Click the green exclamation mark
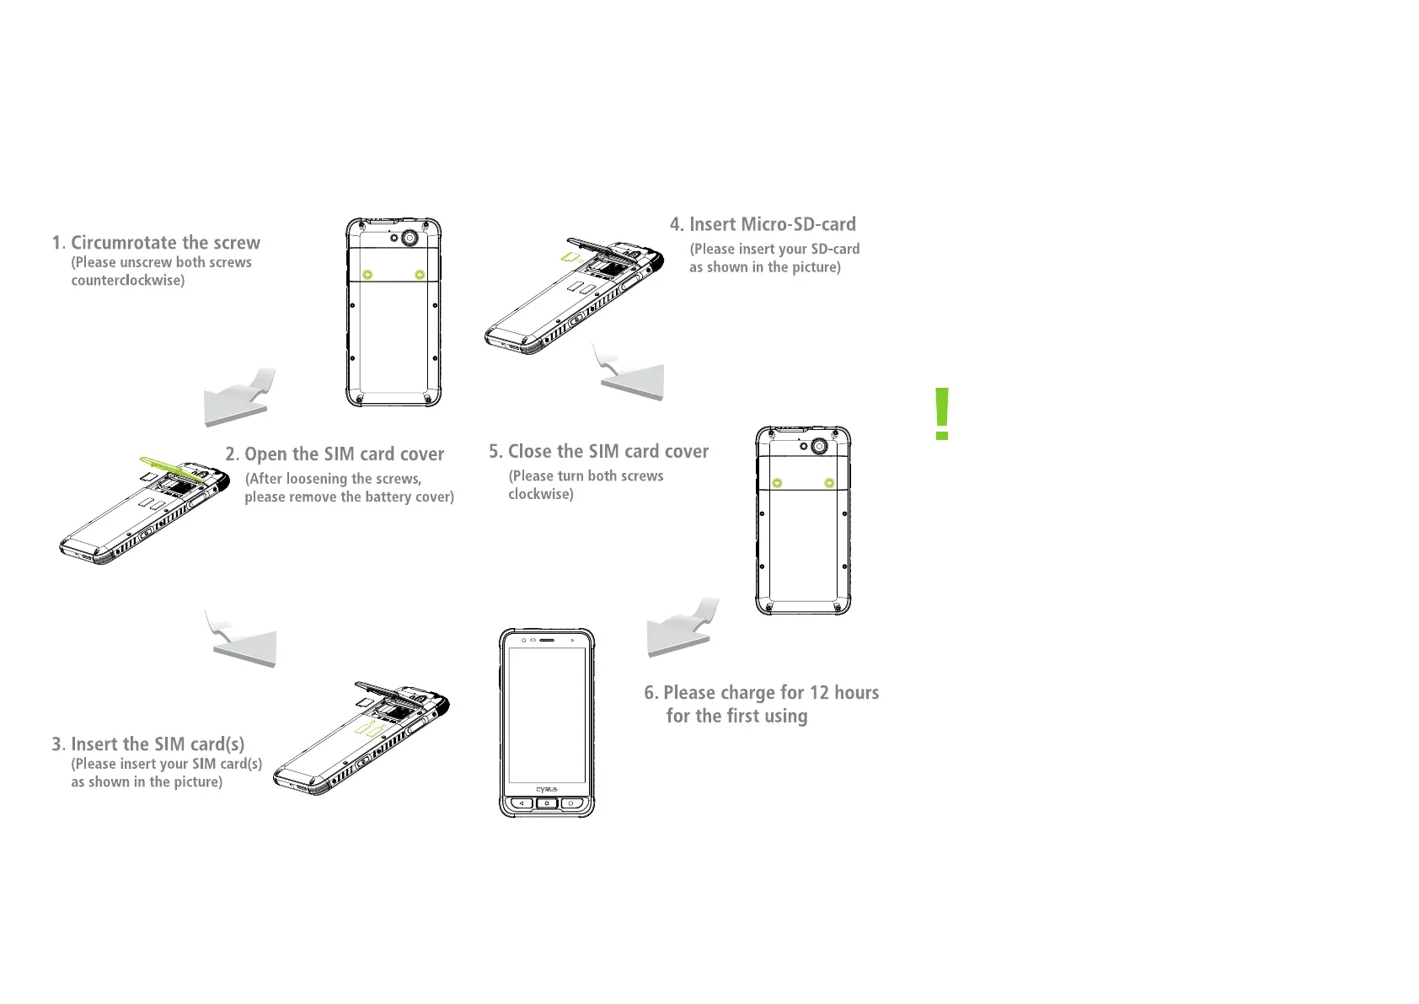coord(942,414)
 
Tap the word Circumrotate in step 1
coord(124,243)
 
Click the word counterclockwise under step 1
coord(127,281)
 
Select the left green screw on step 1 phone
coord(367,274)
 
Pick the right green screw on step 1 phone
coord(420,274)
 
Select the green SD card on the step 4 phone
coord(571,255)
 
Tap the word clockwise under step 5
coord(540,495)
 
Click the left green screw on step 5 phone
coord(777,483)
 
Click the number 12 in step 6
coord(819,693)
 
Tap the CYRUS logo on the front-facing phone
coord(547,790)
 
